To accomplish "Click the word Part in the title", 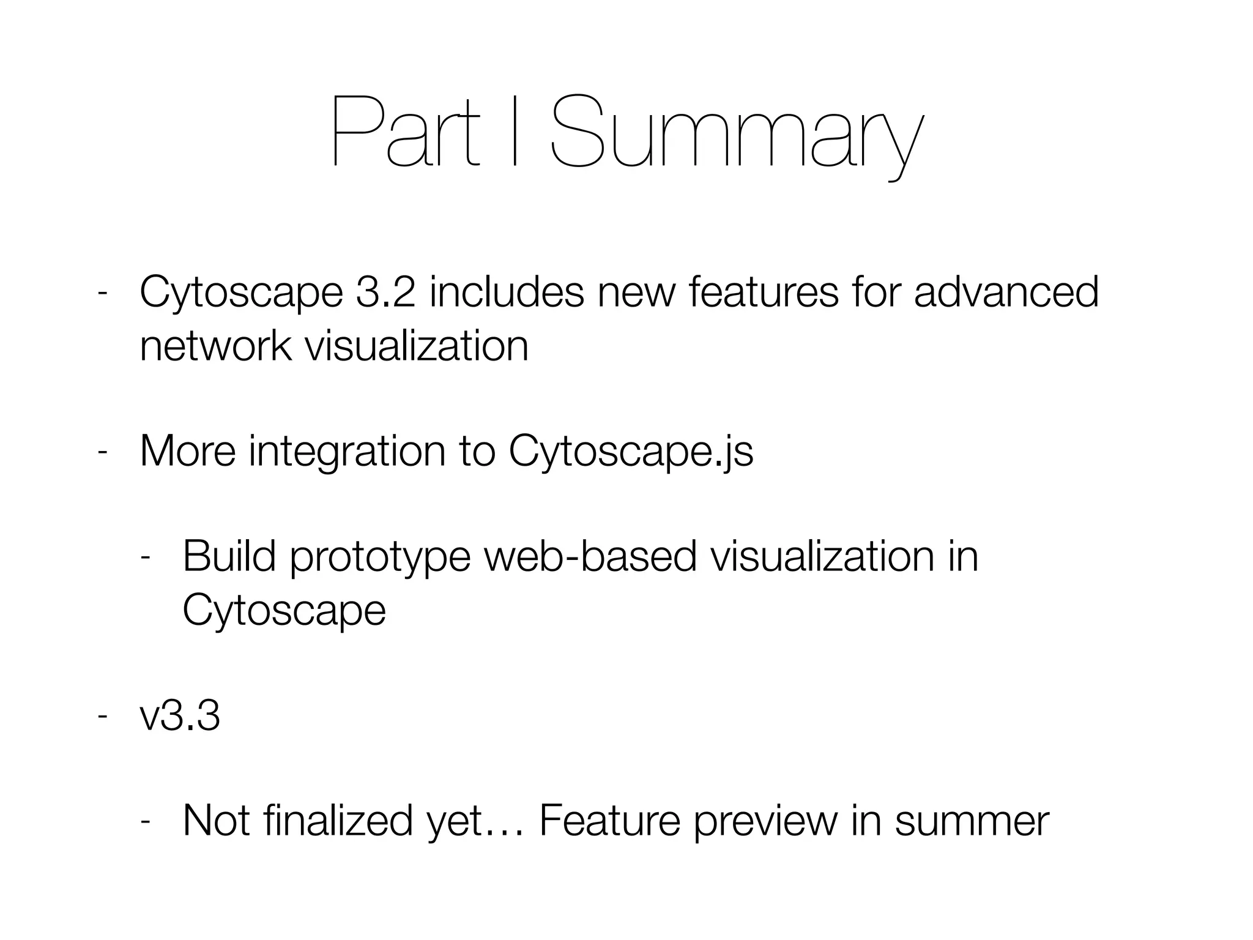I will pyautogui.click(x=404, y=132).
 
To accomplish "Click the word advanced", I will pyautogui.click(x=1006, y=293).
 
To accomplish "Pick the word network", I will pyautogui.click(x=215, y=346).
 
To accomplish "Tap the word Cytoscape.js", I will pyautogui.click(x=631, y=453).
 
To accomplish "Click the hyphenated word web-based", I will pyautogui.click(x=590, y=557).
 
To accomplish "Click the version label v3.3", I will pyautogui.click(x=179, y=716).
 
